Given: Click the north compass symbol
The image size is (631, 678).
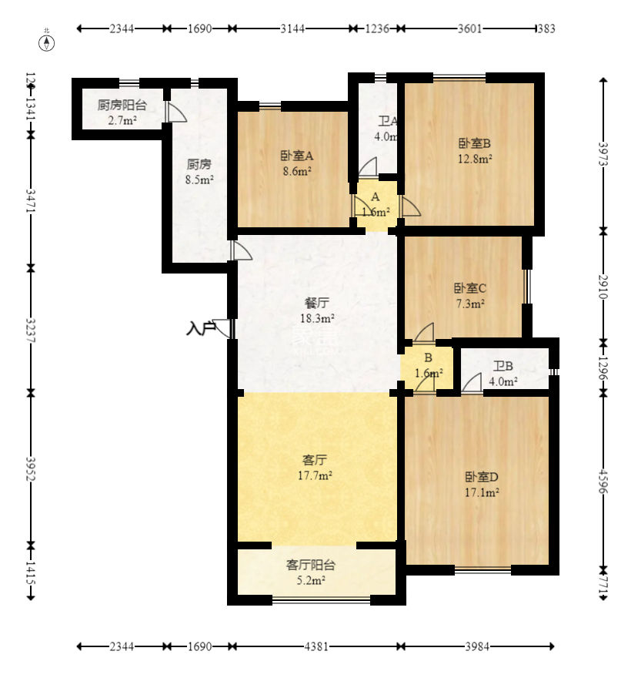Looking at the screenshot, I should pyautogui.click(x=48, y=42).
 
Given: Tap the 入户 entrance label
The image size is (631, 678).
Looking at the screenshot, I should pyautogui.click(x=200, y=328).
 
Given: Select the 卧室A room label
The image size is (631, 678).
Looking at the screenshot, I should pyautogui.click(x=296, y=155).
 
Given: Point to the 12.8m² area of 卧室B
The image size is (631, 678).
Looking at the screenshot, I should pyautogui.click(x=475, y=159).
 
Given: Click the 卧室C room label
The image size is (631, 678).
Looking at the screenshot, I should pyautogui.click(x=469, y=288).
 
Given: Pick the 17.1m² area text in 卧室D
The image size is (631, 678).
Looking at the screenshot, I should pyautogui.click(x=482, y=492).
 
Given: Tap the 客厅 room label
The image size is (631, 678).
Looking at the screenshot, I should pyautogui.click(x=316, y=460).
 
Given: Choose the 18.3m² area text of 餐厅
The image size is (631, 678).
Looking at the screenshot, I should pyautogui.click(x=316, y=317).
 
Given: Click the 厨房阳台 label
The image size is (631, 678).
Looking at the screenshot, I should pyautogui.click(x=122, y=106).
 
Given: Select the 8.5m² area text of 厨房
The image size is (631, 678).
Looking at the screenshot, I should pyautogui.click(x=199, y=180).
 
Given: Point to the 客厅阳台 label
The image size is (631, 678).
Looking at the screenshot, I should pyautogui.click(x=311, y=564).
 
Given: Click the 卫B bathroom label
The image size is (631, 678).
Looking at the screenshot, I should pyautogui.click(x=504, y=366).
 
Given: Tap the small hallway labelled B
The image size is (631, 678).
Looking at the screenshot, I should pyautogui.click(x=428, y=357).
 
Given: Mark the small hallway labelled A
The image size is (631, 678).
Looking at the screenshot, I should pyautogui.click(x=376, y=197).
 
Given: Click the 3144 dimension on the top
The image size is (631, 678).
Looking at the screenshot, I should pyautogui.click(x=292, y=29).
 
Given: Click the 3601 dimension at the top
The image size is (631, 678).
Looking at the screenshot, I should pyautogui.click(x=469, y=29).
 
